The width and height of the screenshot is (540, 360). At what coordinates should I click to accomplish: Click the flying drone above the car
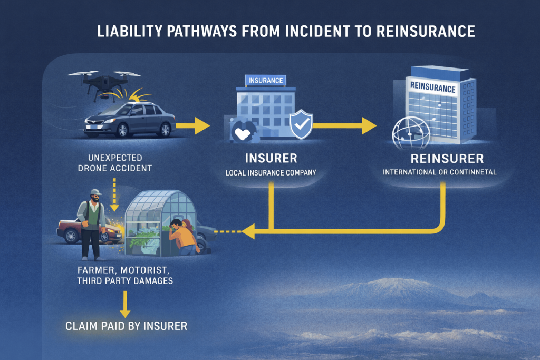point(101,82)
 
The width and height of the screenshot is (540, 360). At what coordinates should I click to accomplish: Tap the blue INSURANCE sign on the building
point(266,81)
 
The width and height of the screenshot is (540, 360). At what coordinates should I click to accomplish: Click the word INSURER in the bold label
point(271,158)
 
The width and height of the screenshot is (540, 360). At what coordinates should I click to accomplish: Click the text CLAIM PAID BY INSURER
point(126,326)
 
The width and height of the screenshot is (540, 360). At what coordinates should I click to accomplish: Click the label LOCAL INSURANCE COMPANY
point(271,172)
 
